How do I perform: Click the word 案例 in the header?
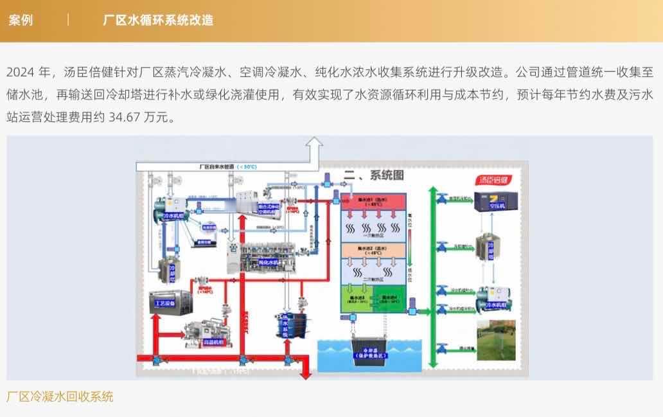tap(21, 20)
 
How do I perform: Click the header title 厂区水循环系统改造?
tap(158, 20)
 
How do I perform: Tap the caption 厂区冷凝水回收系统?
tap(60, 396)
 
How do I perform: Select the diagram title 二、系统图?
tap(373, 174)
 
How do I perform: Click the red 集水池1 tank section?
tap(373, 202)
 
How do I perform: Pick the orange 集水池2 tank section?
tap(373, 250)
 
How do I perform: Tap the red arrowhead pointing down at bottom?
tap(306, 375)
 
